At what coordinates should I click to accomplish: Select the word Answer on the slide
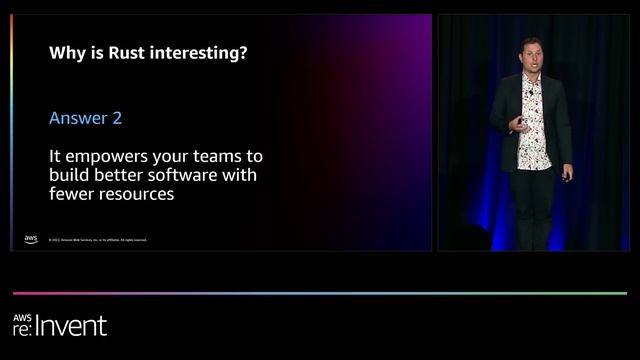click(x=78, y=118)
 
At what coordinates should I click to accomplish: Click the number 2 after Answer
click(x=117, y=118)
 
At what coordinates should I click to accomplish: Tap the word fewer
click(x=72, y=195)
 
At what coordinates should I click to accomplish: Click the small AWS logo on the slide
click(x=30, y=239)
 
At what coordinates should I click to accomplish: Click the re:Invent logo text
click(x=60, y=325)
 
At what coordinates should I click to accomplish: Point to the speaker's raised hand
click(x=516, y=123)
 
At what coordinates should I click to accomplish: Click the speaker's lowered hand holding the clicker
click(x=566, y=175)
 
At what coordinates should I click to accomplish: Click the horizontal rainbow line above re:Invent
click(x=320, y=293)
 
